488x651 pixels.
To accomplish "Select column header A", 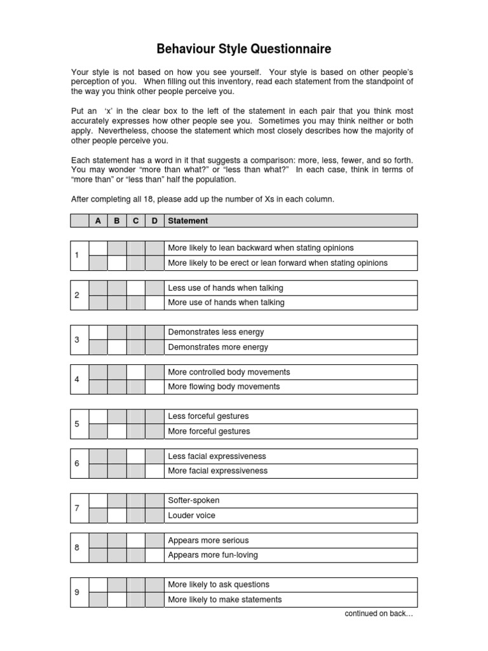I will point(98,221).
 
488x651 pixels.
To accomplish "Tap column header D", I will point(154,221).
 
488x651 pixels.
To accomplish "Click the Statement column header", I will point(187,221).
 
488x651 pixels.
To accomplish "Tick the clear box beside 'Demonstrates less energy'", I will point(98,332).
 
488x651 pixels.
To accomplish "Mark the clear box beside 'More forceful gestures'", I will point(117,432).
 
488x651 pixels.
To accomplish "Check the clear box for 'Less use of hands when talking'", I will point(135,288).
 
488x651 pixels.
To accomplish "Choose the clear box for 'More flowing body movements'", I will point(154,387).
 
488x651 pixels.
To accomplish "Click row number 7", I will point(77,508).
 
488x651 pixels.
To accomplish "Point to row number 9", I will point(77,592).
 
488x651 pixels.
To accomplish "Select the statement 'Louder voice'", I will point(191,516).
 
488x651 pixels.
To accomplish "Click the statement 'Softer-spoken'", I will point(193,500).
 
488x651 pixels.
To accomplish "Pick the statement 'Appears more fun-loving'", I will point(213,555).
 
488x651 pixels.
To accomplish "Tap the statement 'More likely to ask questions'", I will point(219,584).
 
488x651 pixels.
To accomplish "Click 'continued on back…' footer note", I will point(379,613).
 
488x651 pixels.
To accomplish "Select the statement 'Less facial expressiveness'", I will point(217,456).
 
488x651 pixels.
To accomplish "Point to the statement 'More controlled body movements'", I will point(229,372).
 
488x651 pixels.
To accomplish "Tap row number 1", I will point(77,256).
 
